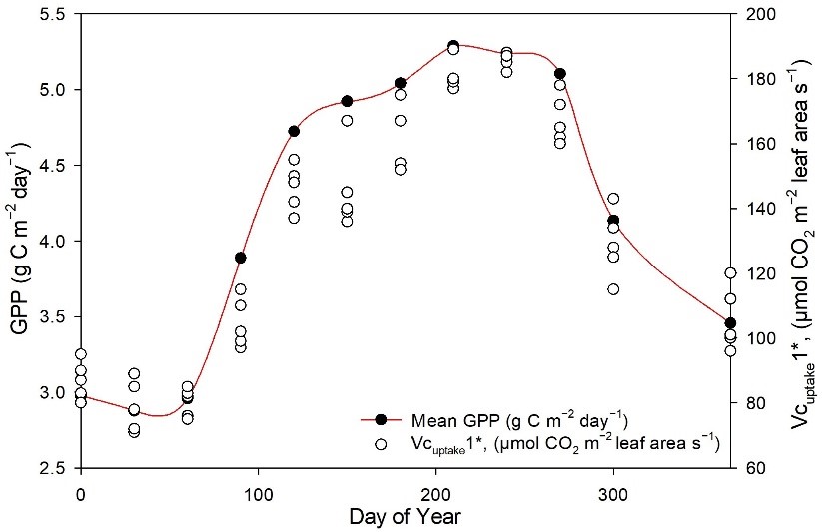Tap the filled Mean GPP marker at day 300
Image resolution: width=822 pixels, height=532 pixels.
pyautogui.click(x=613, y=221)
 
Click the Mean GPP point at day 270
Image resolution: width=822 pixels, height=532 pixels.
pyautogui.click(x=560, y=74)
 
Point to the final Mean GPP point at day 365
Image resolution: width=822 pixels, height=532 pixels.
pyautogui.click(x=730, y=323)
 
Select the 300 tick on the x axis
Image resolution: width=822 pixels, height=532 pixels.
pyautogui.click(x=613, y=492)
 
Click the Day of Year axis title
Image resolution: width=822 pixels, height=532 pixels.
pyautogui.click(x=407, y=519)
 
